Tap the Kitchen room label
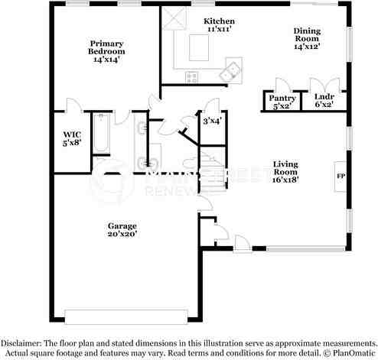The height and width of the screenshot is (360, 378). click(x=220, y=21)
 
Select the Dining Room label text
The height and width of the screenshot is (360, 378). click(x=306, y=35)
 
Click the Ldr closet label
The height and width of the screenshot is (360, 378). click(x=323, y=98)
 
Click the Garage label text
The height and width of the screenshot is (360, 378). click(x=122, y=225)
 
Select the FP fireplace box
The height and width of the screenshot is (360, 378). click(x=340, y=177)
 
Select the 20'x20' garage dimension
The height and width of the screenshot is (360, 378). click(x=122, y=235)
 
